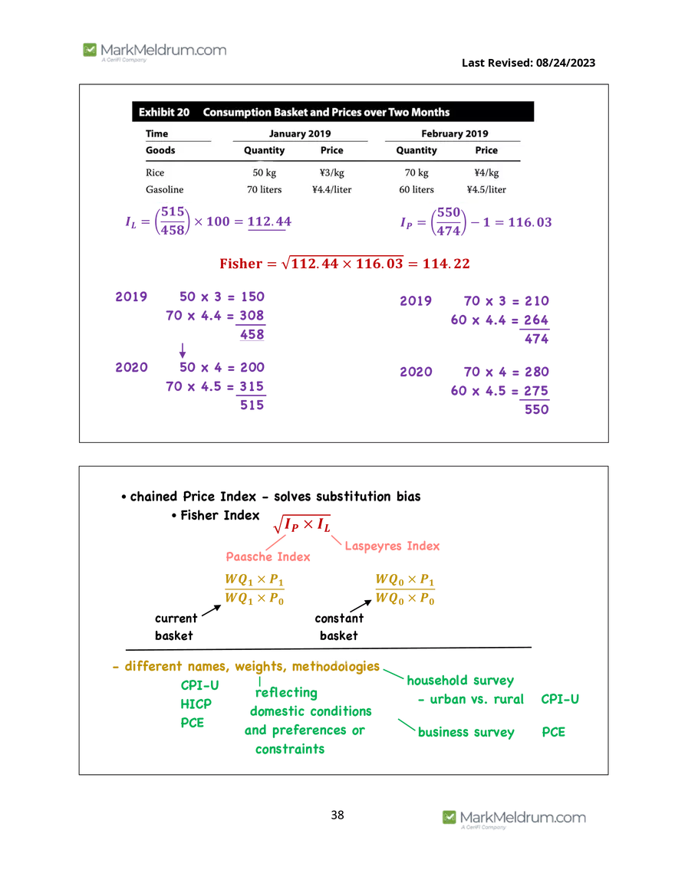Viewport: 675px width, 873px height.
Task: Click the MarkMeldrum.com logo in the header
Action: pyautogui.click(x=154, y=51)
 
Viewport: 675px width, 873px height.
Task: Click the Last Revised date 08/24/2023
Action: pyautogui.click(x=565, y=63)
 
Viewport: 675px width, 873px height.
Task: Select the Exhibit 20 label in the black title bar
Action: pyautogui.click(x=164, y=112)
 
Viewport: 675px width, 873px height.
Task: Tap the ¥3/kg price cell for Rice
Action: pyautogui.click(x=331, y=172)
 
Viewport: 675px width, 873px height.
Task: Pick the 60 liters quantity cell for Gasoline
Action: pyautogui.click(x=417, y=189)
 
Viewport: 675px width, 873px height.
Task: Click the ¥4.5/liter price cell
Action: pyautogui.click(x=486, y=189)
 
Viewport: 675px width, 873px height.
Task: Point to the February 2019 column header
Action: pyautogui.click(x=454, y=133)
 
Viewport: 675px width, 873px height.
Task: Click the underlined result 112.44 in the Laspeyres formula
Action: pyautogui.click(x=269, y=222)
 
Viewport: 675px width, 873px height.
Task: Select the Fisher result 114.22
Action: pyautogui.click(x=446, y=264)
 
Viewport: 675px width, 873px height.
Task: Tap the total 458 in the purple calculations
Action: pyautogui.click(x=252, y=335)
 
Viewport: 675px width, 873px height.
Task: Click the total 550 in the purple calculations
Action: pyautogui.click(x=537, y=409)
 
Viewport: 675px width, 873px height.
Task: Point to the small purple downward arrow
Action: pyautogui.click(x=183, y=350)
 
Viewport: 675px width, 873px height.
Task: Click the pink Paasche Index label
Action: pyautogui.click(x=268, y=556)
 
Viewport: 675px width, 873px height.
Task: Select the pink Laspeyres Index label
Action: pyautogui.click(x=392, y=546)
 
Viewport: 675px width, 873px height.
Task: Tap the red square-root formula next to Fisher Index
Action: pyautogui.click(x=302, y=524)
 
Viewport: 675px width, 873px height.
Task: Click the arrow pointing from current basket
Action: pyautogui.click(x=211, y=611)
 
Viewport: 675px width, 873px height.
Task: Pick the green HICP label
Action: pyautogui.click(x=196, y=704)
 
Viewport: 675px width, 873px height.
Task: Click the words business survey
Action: pyautogui.click(x=466, y=732)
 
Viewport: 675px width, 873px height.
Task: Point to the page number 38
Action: pyautogui.click(x=337, y=815)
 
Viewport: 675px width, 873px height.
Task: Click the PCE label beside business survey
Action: pyautogui.click(x=554, y=732)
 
